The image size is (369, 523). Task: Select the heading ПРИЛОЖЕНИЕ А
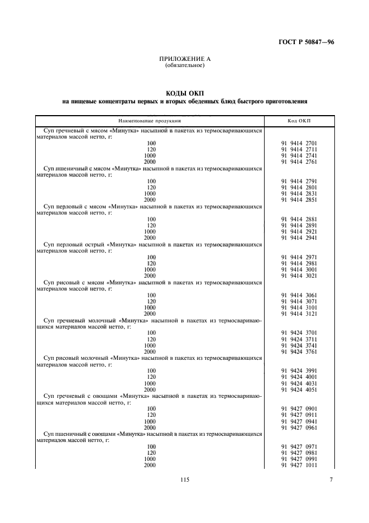click(x=185, y=59)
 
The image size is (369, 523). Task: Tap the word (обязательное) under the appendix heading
click(x=185, y=65)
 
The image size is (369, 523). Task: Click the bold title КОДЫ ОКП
click(x=185, y=93)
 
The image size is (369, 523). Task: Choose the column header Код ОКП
click(x=299, y=121)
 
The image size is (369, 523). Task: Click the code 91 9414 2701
click(x=299, y=144)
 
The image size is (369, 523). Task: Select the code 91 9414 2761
click(x=299, y=161)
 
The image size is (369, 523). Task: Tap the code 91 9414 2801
click(x=299, y=188)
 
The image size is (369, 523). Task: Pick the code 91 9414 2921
click(x=299, y=231)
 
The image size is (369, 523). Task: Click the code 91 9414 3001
click(x=299, y=269)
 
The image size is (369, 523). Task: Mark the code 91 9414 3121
click(x=299, y=313)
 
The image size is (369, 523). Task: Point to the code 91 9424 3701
click(x=299, y=333)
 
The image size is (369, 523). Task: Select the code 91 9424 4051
click(x=299, y=389)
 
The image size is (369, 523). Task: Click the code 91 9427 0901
click(x=299, y=409)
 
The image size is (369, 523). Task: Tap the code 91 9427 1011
click(x=299, y=465)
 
